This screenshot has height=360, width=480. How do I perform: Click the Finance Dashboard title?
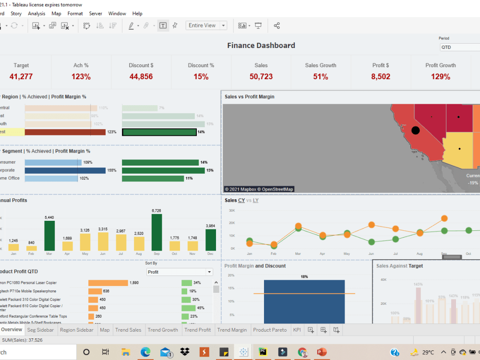click(261, 46)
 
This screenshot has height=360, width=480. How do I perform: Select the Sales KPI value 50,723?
click(261, 77)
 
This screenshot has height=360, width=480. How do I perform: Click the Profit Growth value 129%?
click(440, 77)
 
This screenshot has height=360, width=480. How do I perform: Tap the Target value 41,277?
click(21, 77)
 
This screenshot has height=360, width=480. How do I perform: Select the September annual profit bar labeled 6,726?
click(156, 232)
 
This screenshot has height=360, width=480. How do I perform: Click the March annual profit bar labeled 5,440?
click(49, 236)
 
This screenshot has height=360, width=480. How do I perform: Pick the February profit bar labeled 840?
click(32, 248)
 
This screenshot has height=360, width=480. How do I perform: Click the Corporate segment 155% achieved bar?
click(65, 170)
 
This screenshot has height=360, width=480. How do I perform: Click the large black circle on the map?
click(416, 130)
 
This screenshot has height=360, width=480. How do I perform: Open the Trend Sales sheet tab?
click(128, 330)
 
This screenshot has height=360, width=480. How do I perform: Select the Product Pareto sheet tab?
click(270, 330)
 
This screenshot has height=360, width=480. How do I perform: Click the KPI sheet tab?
click(297, 330)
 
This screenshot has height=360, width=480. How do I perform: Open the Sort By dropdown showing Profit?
click(180, 272)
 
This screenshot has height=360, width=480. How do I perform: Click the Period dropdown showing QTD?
click(459, 47)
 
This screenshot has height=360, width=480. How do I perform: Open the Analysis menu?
click(36, 13)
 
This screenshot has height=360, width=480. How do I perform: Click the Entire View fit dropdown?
click(206, 25)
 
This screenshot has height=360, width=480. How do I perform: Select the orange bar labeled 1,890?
click(108, 283)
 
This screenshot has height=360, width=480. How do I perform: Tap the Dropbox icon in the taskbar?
click(184, 352)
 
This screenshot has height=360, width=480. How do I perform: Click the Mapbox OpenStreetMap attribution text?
click(259, 189)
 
